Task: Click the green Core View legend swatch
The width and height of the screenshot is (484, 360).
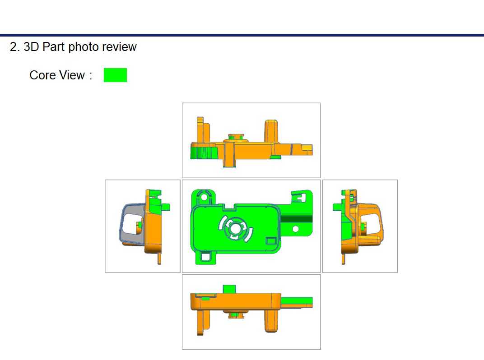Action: coord(115,75)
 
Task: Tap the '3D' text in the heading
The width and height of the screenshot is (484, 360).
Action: coord(31,47)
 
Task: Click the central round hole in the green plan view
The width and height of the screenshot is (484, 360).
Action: coord(235,228)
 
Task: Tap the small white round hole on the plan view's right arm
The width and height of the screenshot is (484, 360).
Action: coord(295,229)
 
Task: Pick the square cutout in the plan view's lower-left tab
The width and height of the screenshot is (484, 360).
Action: coord(206,256)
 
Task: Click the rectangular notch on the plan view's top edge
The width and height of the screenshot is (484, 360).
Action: coord(231,207)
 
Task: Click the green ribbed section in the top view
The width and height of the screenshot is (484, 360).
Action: coord(203,153)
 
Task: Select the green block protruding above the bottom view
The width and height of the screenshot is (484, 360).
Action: coord(229,289)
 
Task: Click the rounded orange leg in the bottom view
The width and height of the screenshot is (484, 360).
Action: coord(271,320)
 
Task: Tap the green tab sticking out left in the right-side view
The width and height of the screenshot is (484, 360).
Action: coord(338,207)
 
